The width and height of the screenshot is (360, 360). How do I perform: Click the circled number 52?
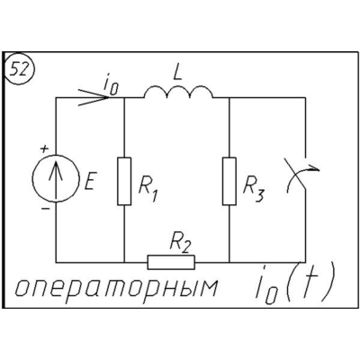(20, 70)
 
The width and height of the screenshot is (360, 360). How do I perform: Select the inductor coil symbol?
(179, 92)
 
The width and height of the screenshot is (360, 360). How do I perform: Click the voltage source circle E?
(56, 177)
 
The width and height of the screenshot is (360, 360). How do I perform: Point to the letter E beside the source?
(89, 183)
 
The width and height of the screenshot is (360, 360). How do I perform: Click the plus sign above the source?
(44, 149)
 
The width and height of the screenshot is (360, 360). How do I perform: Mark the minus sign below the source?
(45, 208)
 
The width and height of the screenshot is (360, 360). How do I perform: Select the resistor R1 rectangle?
(124, 181)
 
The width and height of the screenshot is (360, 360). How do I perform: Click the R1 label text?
(148, 191)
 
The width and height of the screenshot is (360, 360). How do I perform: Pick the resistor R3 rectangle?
(229, 181)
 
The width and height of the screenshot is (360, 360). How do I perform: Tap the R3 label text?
(254, 191)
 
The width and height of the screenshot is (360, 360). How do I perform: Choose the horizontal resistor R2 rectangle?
(171, 263)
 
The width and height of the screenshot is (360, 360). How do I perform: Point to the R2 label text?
(180, 243)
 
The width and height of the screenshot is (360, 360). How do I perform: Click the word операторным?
(116, 288)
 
